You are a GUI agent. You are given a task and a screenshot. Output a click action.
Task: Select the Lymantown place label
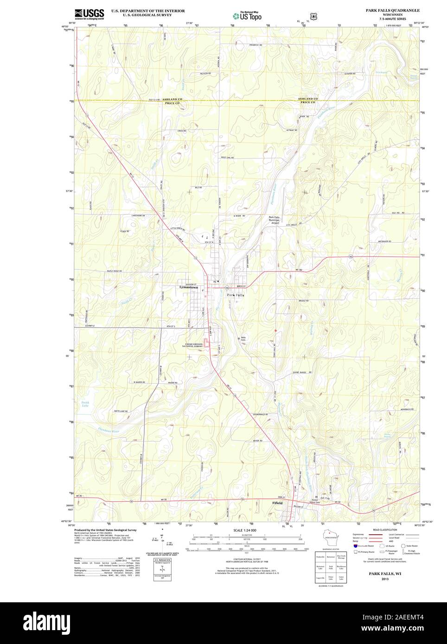(189, 287)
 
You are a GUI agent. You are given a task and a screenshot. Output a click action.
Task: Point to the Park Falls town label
(235, 295)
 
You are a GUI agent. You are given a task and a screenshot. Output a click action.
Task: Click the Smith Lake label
(85, 404)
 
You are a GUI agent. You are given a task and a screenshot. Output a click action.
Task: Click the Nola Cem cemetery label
(243, 338)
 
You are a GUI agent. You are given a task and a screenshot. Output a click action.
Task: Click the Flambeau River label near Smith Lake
(109, 430)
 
